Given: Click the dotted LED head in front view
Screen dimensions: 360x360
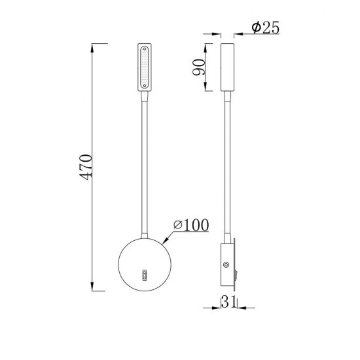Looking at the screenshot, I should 144,67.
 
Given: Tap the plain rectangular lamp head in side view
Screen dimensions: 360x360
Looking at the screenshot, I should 228,67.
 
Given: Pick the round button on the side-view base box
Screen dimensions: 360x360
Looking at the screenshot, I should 226,266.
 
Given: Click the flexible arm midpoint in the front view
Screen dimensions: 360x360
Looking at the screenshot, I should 145,164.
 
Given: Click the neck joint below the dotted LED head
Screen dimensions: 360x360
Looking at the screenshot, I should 144,95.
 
